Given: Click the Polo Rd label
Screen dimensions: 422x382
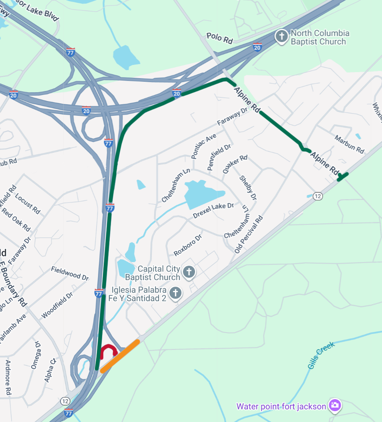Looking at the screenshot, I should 220,38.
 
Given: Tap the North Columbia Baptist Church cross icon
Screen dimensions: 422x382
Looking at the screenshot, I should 281,37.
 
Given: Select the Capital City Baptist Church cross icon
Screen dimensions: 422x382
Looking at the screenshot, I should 189,272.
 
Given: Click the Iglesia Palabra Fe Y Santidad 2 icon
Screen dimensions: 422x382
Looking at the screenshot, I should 175,293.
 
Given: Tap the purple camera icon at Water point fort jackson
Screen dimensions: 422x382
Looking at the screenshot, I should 334,405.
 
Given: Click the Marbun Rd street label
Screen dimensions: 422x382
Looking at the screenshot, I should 350,145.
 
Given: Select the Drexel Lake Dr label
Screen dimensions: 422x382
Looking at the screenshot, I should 213,210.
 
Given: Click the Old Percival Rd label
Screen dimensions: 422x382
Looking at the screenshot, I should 249,234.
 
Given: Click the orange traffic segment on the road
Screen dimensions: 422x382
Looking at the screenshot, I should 120,356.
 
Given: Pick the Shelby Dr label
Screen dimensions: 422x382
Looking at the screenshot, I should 248,188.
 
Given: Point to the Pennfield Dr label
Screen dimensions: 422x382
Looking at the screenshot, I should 219,157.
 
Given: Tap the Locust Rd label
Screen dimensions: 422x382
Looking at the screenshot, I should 28,203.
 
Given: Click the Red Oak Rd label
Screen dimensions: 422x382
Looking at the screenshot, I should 16,219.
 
